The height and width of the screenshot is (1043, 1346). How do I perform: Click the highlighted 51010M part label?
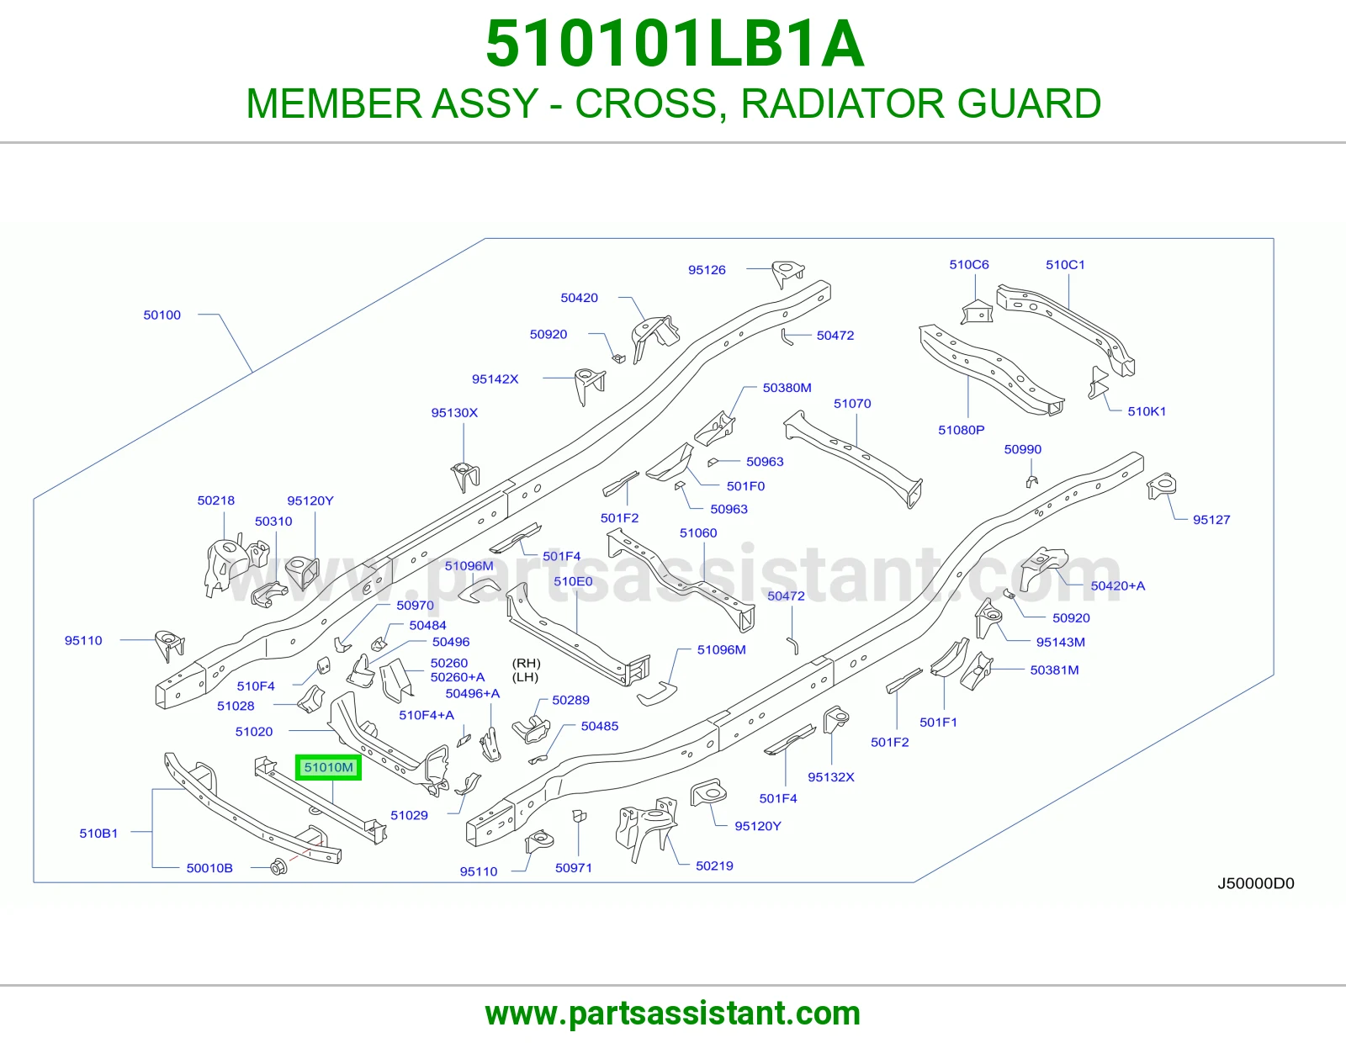tap(328, 767)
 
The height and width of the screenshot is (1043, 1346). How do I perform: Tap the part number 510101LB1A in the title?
tap(674, 44)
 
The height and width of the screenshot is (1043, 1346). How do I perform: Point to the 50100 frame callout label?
tap(162, 315)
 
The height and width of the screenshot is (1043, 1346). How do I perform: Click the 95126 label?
tap(707, 269)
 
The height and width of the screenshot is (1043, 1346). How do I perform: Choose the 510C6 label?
tap(969, 264)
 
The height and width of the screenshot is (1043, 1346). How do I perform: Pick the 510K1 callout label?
tap(1147, 411)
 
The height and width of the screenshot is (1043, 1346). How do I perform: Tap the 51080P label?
tap(961, 430)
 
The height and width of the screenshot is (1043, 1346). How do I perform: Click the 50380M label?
tap(787, 388)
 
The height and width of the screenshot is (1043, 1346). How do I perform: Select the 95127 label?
tap(1211, 520)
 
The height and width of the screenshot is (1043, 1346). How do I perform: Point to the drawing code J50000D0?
tap(1255, 883)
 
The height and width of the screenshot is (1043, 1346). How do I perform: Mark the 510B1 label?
tap(98, 833)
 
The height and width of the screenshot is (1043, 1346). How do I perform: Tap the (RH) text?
tap(526, 664)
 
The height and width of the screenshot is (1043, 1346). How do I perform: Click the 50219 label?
tap(714, 866)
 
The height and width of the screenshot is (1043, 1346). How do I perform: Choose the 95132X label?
tap(830, 776)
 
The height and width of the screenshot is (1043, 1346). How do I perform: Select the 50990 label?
tap(1023, 449)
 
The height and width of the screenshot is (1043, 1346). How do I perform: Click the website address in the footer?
tap(673, 1014)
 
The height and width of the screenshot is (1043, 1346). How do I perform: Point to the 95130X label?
tap(454, 412)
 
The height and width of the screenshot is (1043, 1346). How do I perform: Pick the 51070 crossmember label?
tap(851, 403)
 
